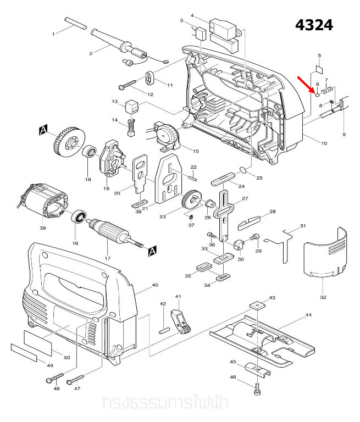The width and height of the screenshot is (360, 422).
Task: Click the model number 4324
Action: pos(314,25)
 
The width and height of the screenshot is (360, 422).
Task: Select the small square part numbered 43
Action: pos(256,305)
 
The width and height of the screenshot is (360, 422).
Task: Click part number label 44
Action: pos(308,315)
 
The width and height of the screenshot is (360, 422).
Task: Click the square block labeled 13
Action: pos(131,104)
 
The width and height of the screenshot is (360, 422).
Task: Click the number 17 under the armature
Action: pos(108,258)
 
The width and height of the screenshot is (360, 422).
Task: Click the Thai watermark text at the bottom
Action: pos(165,404)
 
